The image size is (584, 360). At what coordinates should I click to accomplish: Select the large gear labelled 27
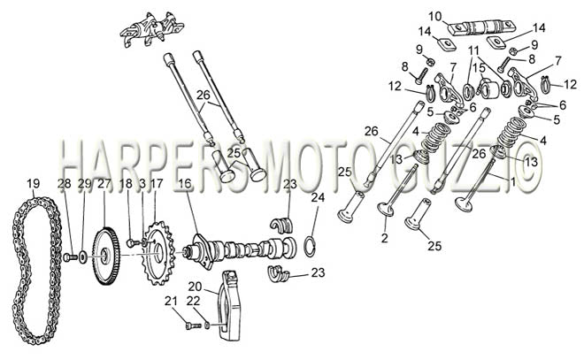(x=105, y=257)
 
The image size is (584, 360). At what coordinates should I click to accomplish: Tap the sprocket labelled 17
(x=159, y=253)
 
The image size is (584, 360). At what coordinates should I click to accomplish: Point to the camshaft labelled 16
(x=242, y=249)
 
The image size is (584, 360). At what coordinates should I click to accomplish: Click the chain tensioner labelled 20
(x=229, y=305)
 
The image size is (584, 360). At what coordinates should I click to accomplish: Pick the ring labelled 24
(x=310, y=246)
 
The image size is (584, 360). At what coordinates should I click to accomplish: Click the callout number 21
(x=171, y=302)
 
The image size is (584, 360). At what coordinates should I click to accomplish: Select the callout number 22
(x=193, y=302)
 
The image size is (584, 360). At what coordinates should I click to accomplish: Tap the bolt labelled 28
(x=71, y=257)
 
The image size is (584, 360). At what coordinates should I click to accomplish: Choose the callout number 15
(x=480, y=68)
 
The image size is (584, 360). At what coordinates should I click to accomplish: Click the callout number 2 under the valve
(x=385, y=238)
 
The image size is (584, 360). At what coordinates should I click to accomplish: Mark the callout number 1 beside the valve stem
(x=512, y=182)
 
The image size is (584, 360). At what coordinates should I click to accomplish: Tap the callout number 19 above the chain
(x=33, y=183)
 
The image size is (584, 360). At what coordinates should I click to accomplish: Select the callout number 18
(x=126, y=183)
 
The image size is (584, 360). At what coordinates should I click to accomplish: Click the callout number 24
(x=318, y=197)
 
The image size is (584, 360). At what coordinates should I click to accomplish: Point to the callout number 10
(x=434, y=17)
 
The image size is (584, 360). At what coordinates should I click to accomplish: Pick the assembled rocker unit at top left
(x=150, y=31)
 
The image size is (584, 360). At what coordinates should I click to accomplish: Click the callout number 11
(x=473, y=50)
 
